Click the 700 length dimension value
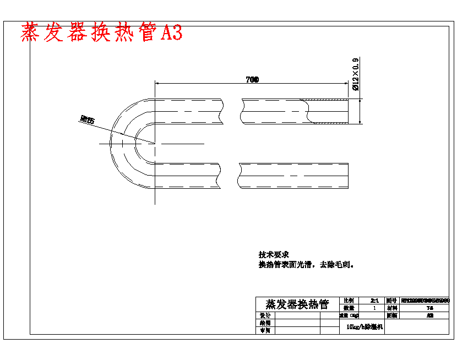pyautogui.click(x=252, y=80)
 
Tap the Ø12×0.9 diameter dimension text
pyautogui.click(x=355, y=74)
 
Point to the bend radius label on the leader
pyautogui.click(x=87, y=118)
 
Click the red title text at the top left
pyautogui.click(x=101, y=33)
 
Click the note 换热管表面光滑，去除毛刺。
pyautogui.click(x=306, y=265)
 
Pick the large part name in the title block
pyautogui.click(x=297, y=304)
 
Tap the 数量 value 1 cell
pyautogui.click(x=374, y=308)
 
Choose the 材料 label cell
pyautogui.click(x=391, y=308)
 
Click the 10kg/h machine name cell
pyautogui.click(x=361, y=327)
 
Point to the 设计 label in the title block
pyautogui.click(x=265, y=316)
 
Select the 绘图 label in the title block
pyautogui.click(x=265, y=323)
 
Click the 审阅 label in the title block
pyautogui.click(x=265, y=330)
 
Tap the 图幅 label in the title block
pyautogui.click(x=391, y=316)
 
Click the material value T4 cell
pyautogui.click(x=429, y=308)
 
